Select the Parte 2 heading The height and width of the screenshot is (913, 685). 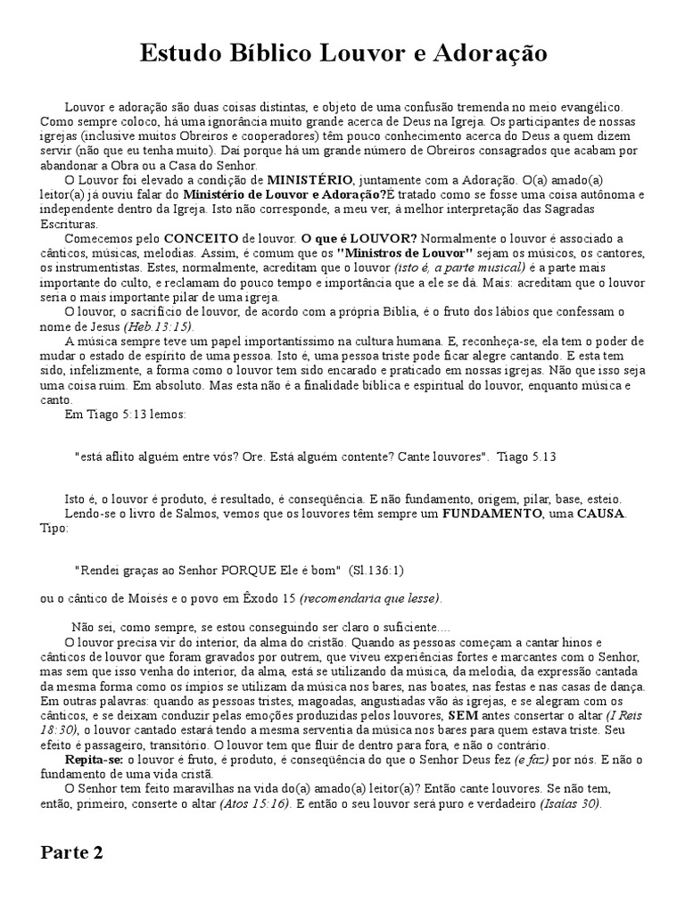click(x=71, y=852)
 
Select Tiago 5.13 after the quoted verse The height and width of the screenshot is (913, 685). click(x=528, y=456)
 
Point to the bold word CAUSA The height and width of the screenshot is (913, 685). click(x=600, y=514)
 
